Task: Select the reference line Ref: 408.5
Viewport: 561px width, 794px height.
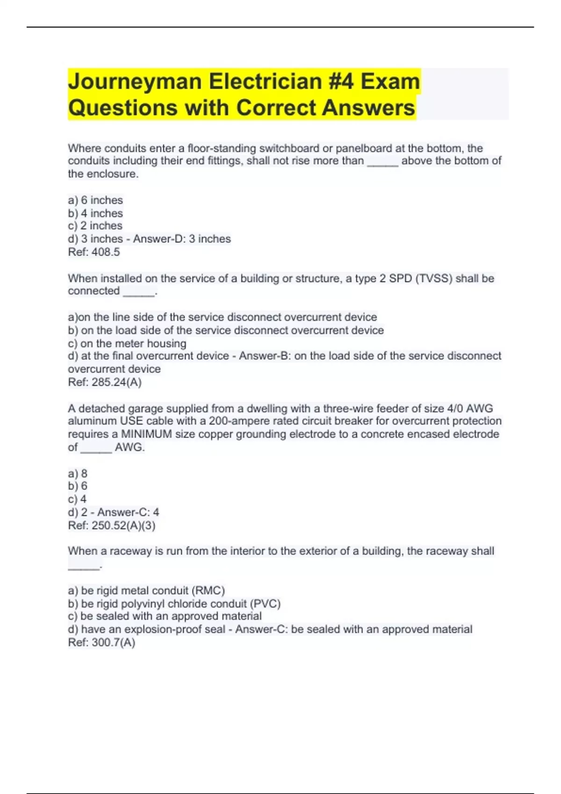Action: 94,252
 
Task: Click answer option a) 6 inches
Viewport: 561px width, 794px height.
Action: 95,200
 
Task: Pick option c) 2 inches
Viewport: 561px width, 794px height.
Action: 95,226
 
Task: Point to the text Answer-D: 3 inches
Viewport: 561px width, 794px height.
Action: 182,239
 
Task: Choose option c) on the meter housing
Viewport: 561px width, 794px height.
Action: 127,344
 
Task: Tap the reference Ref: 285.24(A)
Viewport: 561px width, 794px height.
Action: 105,383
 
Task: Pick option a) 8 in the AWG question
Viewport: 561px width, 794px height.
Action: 78,474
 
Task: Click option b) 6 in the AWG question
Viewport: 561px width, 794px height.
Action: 78,486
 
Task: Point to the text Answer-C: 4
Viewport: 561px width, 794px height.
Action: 128,512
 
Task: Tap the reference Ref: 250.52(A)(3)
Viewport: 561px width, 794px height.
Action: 112,525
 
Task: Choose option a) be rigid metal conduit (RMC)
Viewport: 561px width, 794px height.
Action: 146,591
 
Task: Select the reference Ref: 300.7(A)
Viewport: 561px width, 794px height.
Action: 101,643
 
